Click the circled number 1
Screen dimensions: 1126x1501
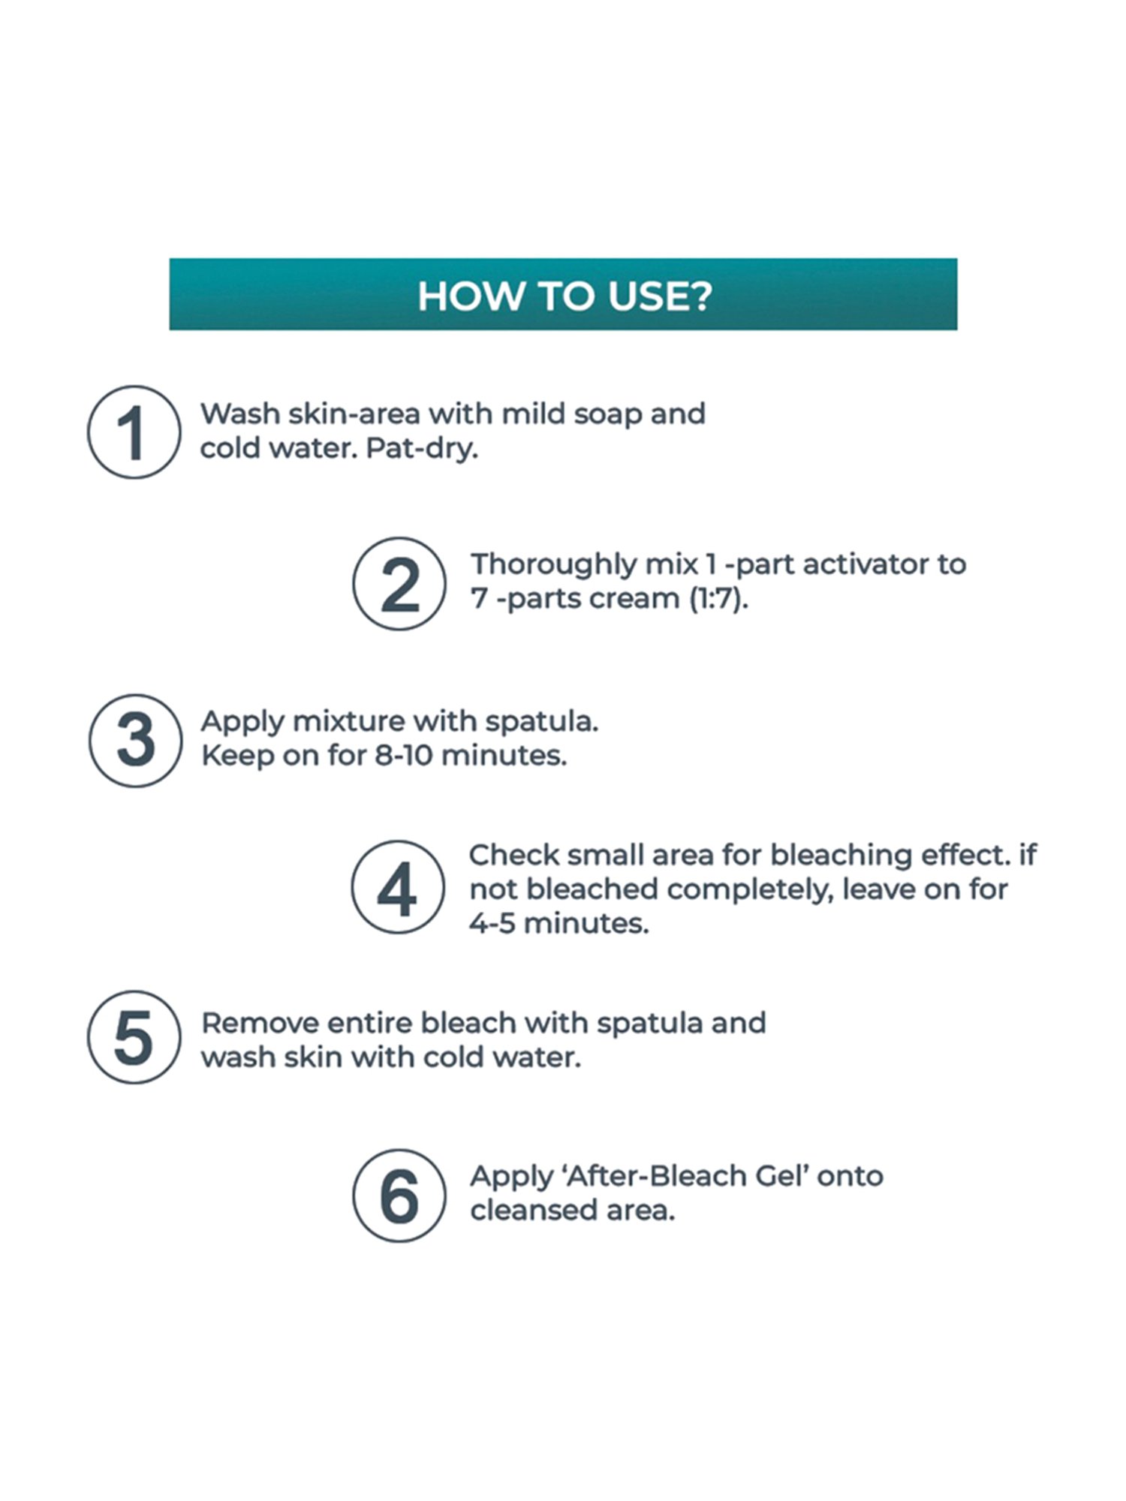tap(134, 432)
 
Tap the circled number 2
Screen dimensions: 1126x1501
tap(399, 584)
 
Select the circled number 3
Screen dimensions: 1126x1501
tap(135, 740)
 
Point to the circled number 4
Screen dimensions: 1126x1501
tap(398, 887)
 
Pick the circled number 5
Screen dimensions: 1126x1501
tap(134, 1037)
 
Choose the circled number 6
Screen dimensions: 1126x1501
tap(399, 1196)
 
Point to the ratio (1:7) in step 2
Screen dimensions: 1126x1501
tap(719, 599)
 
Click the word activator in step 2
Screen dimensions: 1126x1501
tap(862, 564)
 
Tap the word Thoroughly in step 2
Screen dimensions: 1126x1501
tap(553, 565)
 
